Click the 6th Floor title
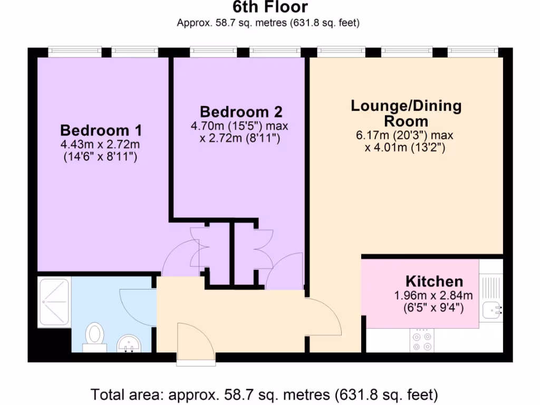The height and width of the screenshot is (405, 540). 270,7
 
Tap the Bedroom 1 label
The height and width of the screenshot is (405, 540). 101,130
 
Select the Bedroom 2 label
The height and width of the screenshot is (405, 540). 241,112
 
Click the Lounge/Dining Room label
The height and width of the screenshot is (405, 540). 406,113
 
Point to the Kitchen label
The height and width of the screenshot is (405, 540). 434,281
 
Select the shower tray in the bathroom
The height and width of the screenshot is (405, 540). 54,302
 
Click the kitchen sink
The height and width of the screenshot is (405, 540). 491,310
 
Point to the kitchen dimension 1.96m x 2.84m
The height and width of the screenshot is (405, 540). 433,295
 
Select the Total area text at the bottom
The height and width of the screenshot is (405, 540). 265,394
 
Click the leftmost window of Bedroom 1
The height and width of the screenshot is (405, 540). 74,51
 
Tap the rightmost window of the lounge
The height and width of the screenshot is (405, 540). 472,51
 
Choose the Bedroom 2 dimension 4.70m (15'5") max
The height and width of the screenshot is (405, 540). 239,127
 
